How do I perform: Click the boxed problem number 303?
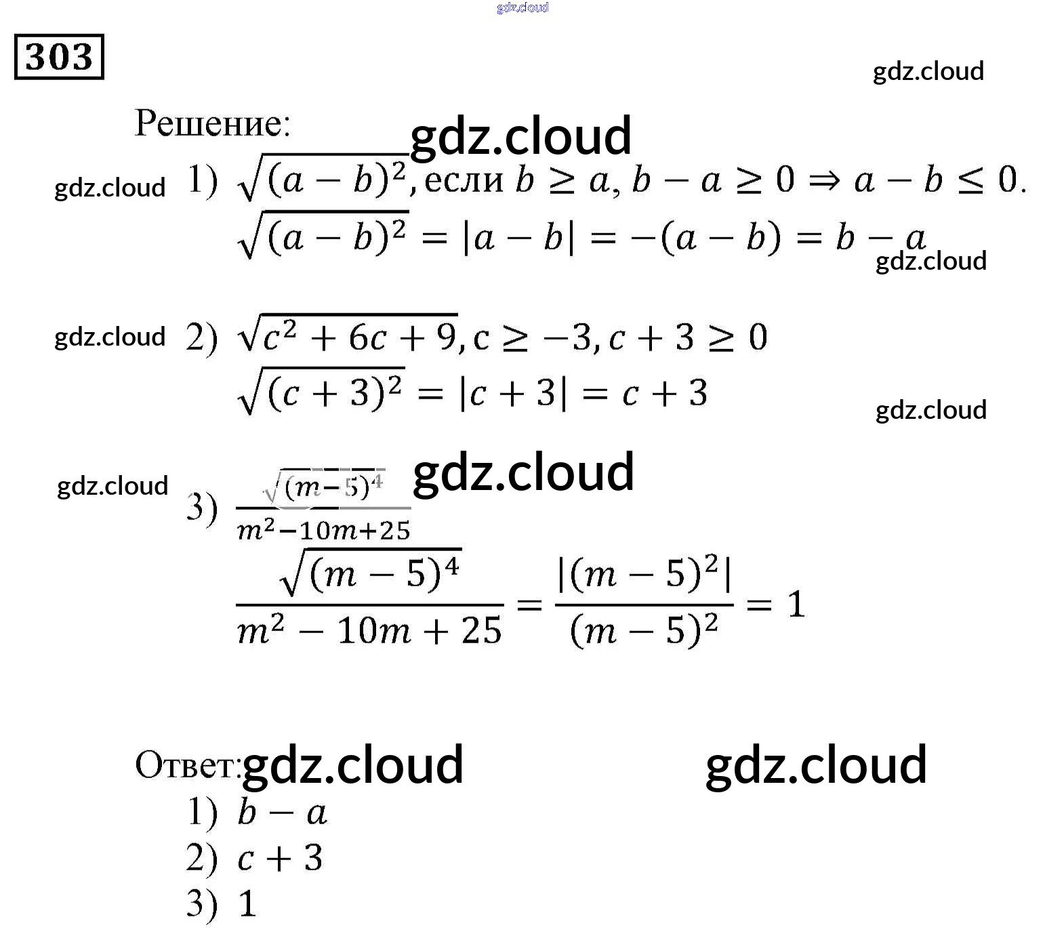pyautogui.click(x=59, y=56)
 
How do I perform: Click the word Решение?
pyautogui.click(x=212, y=123)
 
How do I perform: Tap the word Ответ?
pyautogui.click(x=187, y=765)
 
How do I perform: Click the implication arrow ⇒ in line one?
pyautogui.click(x=824, y=181)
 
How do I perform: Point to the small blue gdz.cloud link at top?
pyautogui.click(x=522, y=7)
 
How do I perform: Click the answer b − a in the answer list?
pyautogui.click(x=282, y=813)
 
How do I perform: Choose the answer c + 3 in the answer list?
pyautogui.click(x=280, y=859)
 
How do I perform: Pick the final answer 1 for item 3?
pyautogui.click(x=248, y=904)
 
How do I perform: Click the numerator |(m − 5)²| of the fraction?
pyautogui.click(x=644, y=575)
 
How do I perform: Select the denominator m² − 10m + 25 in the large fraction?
pyautogui.click(x=369, y=631)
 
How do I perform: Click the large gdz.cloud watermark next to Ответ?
pyautogui.click(x=352, y=764)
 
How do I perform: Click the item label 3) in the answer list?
pyautogui.click(x=201, y=904)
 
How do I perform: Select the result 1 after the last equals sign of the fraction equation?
pyautogui.click(x=796, y=604)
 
